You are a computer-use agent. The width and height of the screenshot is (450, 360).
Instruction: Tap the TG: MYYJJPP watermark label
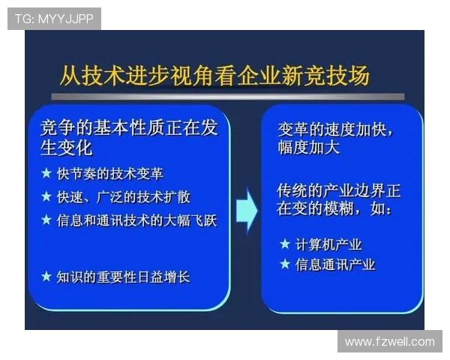click(54, 19)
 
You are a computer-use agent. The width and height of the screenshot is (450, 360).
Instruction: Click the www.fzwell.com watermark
click(389, 341)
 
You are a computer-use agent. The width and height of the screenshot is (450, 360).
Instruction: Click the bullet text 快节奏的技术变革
click(109, 173)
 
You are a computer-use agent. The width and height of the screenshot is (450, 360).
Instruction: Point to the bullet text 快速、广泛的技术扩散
click(124, 196)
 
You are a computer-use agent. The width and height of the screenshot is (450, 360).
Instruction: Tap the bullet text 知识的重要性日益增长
click(124, 277)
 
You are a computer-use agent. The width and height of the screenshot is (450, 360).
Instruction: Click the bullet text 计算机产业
click(328, 244)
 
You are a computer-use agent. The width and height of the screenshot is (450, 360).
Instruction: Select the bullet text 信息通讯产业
click(335, 264)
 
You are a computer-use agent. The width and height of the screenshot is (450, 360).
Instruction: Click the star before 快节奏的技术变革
click(46, 173)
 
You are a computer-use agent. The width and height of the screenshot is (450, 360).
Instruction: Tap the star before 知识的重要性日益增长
click(46, 277)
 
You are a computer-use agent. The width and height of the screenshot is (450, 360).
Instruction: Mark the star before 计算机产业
click(284, 244)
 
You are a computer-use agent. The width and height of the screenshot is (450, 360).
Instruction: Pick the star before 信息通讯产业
click(284, 264)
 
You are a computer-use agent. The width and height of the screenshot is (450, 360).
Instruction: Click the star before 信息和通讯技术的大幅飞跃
click(46, 220)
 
